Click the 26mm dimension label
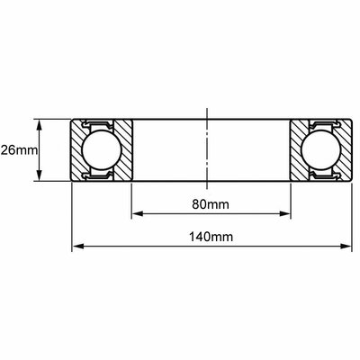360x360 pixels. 19,150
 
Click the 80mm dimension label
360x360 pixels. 211,204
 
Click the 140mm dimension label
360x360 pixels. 211,237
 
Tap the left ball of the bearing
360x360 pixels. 101,150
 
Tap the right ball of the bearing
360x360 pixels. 321,150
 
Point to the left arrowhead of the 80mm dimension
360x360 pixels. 137,213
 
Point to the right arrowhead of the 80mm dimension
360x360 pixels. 285,213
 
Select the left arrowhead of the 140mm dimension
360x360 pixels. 77,247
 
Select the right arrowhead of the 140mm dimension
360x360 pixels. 346,247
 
